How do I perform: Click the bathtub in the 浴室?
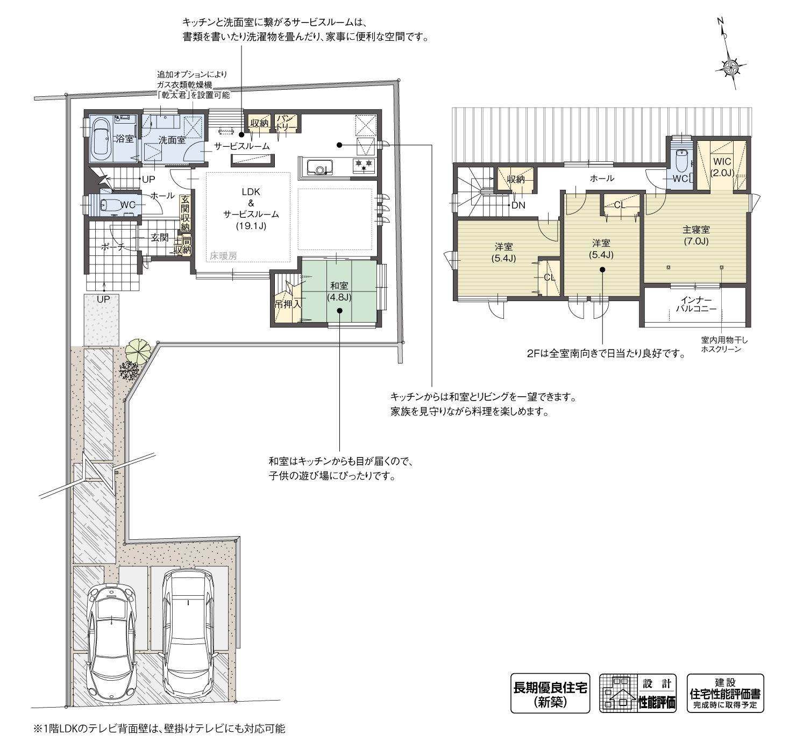tap(101, 139)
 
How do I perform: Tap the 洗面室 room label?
tap(172, 140)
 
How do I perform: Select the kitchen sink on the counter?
tap(320, 167)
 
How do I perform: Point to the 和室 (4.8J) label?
tap(339, 291)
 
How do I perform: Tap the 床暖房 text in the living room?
tap(223, 256)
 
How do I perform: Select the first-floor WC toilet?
tap(112, 205)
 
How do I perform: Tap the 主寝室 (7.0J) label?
tap(696, 236)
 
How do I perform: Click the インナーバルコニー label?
tap(696, 304)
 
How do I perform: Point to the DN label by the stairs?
tap(518, 205)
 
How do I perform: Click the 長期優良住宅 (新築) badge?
tap(550, 693)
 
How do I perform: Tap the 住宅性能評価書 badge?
tap(725, 693)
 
